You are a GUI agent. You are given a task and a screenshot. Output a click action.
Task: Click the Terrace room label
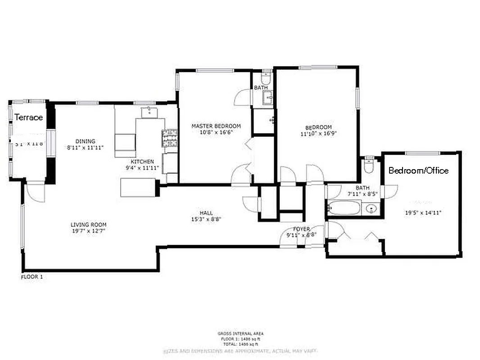tap(29, 117)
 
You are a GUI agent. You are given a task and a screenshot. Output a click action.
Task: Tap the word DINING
tap(85, 141)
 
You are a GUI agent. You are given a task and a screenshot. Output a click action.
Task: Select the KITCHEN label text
tap(142, 162)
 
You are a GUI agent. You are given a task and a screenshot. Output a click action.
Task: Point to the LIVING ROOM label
tap(88, 225)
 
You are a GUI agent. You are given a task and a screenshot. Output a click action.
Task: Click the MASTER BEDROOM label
tap(216, 126)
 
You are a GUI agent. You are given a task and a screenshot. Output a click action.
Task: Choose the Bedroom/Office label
tap(418, 171)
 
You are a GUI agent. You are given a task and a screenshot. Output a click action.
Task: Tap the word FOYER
tap(302, 229)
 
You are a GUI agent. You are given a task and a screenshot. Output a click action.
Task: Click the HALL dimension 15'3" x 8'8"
tap(206, 219)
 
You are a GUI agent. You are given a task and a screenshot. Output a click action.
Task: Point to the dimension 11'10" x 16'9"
tap(319, 134)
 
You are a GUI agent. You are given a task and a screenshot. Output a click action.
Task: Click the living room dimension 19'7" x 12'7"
tap(88, 231)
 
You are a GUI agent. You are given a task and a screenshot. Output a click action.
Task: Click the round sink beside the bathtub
tap(371, 209)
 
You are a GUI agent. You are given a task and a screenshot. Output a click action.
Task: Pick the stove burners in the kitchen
tap(170, 138)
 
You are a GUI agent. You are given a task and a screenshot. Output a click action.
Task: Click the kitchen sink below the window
tap(149, 112)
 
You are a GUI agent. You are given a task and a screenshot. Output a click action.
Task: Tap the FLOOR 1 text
tap(32, 277)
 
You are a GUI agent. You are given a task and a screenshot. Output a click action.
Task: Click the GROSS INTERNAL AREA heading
tap(240, 333)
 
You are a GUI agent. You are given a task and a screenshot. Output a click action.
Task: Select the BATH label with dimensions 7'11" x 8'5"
tap(362, 188)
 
